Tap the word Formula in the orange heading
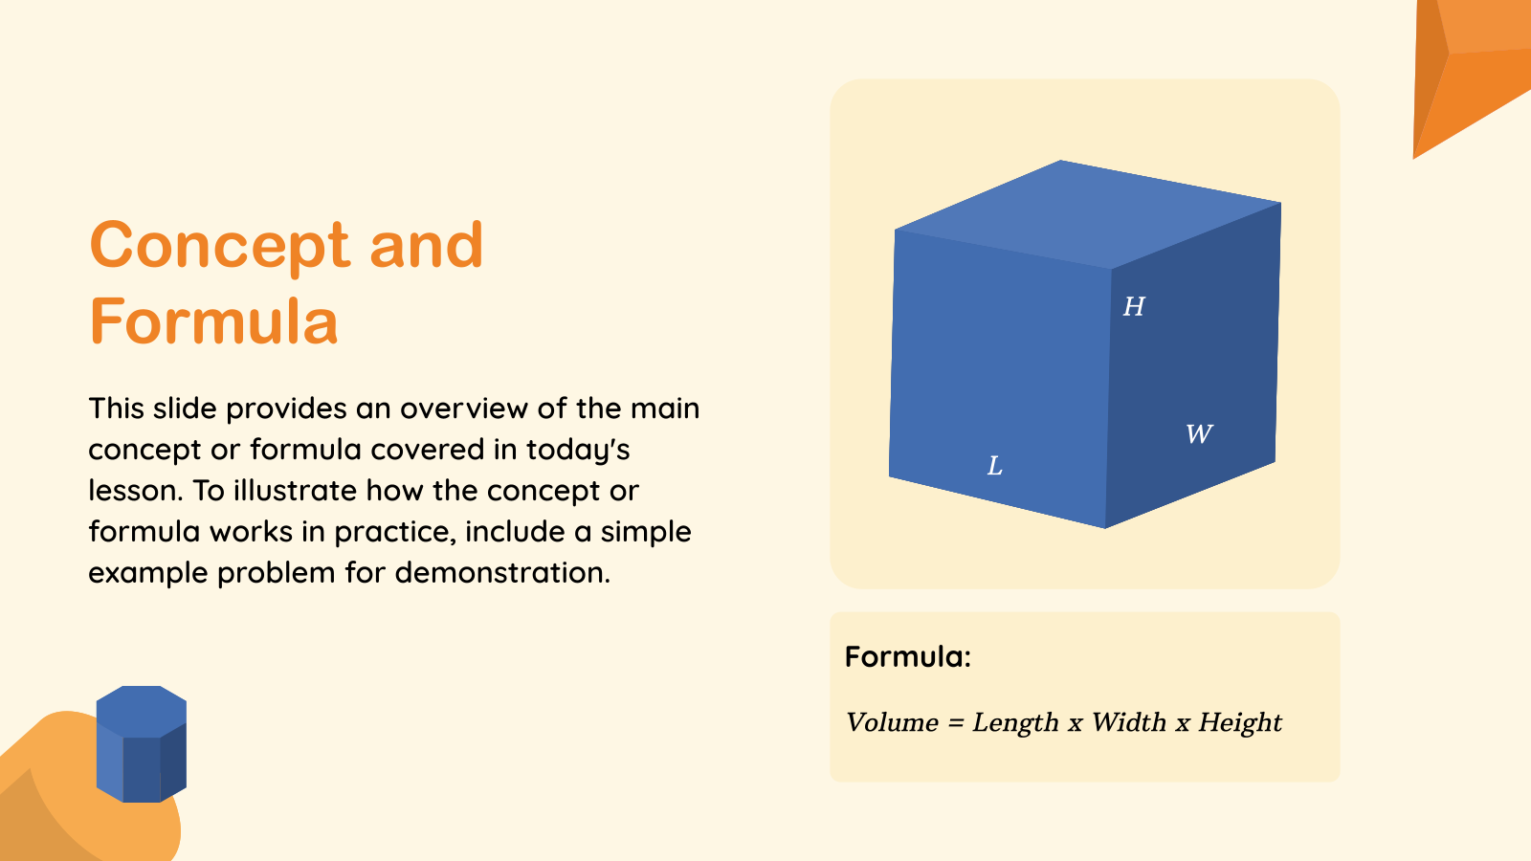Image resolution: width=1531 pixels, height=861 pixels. click(x=213, y=321)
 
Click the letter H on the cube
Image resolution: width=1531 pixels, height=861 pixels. click(x=1134, y=307)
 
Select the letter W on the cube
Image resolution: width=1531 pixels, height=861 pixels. click(x=1199, y=434)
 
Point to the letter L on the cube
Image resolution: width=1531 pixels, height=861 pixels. click(x=995, y=466)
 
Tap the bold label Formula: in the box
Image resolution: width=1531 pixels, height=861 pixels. click(x=907, y=656)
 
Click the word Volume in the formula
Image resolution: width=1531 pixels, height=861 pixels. click(x=892, y=722)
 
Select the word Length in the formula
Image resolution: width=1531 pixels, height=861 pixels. click(x=1015, y=722)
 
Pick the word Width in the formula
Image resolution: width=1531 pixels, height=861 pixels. click(x=1128, y=722)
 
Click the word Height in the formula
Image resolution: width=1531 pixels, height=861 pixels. click(x=1240, y=722)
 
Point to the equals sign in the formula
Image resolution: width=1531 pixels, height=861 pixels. click(x=955, y=723)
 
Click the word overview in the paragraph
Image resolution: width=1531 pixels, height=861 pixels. click(x=464, y=408)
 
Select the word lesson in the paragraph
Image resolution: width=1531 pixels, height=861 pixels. click(x=134, y=491)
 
